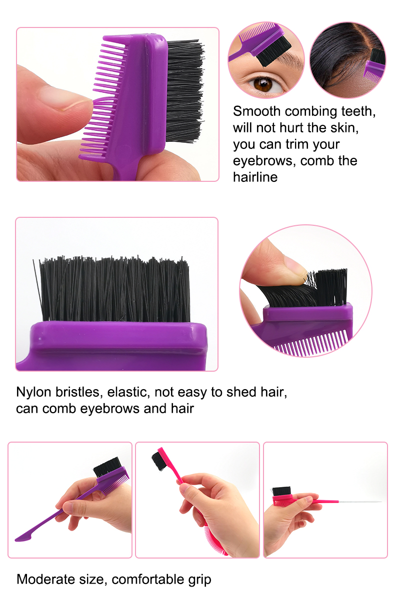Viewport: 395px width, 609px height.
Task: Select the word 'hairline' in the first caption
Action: point(255,177)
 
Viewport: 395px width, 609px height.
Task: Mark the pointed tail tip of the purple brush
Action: point(19,539)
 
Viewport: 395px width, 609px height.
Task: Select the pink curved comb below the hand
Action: point(215,540)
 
